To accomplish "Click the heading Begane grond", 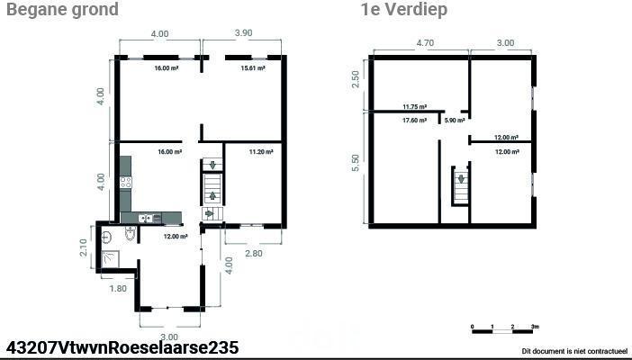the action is (x=62, y=9).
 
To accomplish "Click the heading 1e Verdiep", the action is (x=404, y=9).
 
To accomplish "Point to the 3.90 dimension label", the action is (x=243, y=33).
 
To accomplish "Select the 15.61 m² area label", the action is (x=253, y=68).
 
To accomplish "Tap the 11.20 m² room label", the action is (x=261, y=152).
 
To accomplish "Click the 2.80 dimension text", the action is (x=254, y=253).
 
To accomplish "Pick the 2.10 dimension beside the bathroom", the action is (x=83, y=247).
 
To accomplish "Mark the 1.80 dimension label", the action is (x=118, y=289).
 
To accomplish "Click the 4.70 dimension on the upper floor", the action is (x=424, y=42).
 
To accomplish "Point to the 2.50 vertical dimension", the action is (x=355, y=80).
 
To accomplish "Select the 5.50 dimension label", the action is (x=355, y=163).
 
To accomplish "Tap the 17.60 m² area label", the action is (x=414, y=120).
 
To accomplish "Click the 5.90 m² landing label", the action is (x=455, y=120).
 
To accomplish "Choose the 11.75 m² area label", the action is (x=415, y=107).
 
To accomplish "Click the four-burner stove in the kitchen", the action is (x=126, y=182).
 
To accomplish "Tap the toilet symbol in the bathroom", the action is (x=131, y=233).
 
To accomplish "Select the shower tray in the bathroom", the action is (x=110, y=259).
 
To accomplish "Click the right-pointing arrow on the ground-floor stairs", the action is (x=209, y=213).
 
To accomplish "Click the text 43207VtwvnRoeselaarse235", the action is (x=122, y=347).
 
